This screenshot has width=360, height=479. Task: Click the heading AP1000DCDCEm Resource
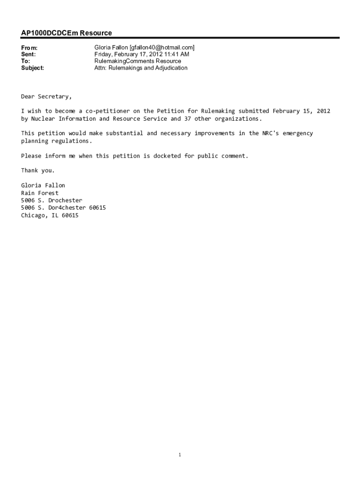[x=66, y=33]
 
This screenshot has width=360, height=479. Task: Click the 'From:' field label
[x=29, y=48]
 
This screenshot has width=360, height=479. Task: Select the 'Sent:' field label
[x=28, y=54]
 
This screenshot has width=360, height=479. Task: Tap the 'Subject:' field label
[x=33, y=68]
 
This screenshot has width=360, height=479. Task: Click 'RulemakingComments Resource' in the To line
[x=137, y=61]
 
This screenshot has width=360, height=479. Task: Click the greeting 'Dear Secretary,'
[x=46, y=96]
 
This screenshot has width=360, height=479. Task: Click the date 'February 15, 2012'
[x=302, y=111]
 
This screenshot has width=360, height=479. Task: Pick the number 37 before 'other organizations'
[x=187, y=118]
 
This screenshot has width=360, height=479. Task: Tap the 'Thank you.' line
[x=38, y=170]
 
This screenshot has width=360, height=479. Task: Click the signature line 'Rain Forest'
[x=40, y=193]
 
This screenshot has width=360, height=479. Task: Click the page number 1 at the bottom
[x=180, y=455]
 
